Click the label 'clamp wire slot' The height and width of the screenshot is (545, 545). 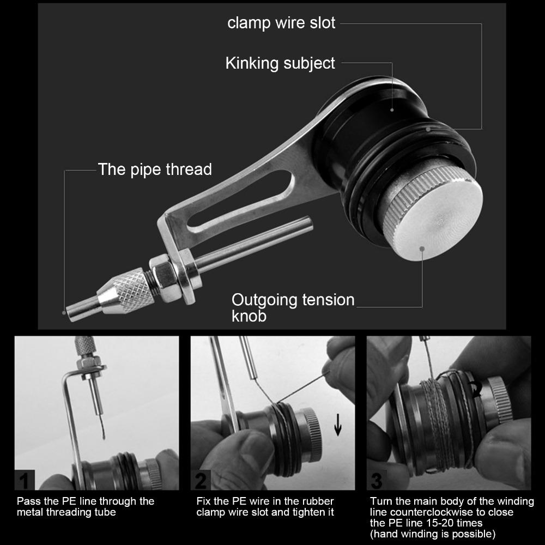[281, 23]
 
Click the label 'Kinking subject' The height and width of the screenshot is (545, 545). [280, 63]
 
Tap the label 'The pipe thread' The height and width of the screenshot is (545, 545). [155, 169]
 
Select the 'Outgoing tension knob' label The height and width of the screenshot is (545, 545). [293, 307]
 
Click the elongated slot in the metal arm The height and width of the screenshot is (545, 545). [240, 199]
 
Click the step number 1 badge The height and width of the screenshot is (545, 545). [25, 480]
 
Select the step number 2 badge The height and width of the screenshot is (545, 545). [201, 480]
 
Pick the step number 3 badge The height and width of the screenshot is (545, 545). [377, 480]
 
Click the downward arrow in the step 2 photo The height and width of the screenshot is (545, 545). [337, 424]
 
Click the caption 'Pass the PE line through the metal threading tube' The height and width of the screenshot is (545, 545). [86, 506]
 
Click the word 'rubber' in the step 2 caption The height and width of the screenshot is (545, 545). [318, 501]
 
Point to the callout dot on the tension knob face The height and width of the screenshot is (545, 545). [422, 249]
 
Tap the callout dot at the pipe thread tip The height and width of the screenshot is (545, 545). [64, 312]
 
